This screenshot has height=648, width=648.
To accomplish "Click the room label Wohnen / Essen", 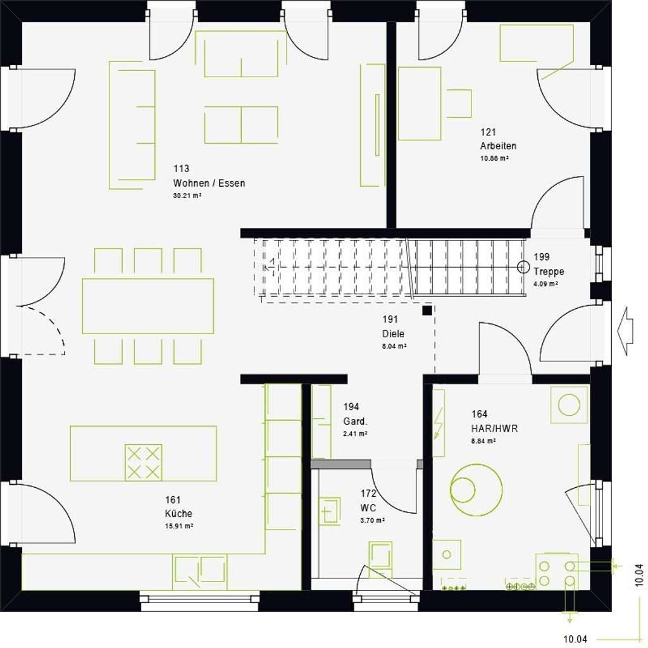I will [209, 184].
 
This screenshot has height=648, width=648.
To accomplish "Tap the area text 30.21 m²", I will [187, 196].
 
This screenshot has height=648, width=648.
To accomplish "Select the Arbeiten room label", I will [498, 146].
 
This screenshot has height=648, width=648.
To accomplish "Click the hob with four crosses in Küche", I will [143, 463].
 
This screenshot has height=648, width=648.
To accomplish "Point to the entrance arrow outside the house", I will [625, 331].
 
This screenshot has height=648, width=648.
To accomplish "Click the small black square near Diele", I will [428, 310].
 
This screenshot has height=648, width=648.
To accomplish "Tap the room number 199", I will [541, 257].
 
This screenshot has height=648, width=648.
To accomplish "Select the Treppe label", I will [548, 271].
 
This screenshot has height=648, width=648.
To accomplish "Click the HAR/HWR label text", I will [494, 428].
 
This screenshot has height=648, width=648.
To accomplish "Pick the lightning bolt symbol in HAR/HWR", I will [438, 423].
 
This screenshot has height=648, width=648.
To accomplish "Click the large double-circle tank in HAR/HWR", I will [476, 489].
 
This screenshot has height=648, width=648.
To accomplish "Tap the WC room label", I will [368, 508].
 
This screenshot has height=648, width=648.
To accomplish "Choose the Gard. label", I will [356, 421].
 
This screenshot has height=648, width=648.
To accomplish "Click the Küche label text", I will [178, 514].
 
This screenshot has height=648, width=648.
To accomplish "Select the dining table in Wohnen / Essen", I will [147, 306].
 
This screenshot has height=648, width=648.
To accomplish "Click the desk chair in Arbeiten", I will [459, 103].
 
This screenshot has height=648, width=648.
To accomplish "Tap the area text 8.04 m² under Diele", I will [394, 347].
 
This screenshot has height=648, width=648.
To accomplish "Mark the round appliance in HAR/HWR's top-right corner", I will [569, 404].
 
